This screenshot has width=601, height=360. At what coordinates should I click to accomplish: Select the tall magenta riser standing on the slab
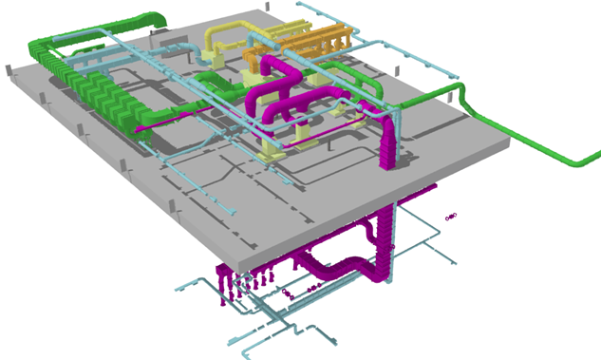(x=389, y=142)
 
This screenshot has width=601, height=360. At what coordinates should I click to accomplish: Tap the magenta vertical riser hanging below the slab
(x=385, y=247)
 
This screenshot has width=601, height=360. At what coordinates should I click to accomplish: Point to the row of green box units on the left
(x=104, y=100)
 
